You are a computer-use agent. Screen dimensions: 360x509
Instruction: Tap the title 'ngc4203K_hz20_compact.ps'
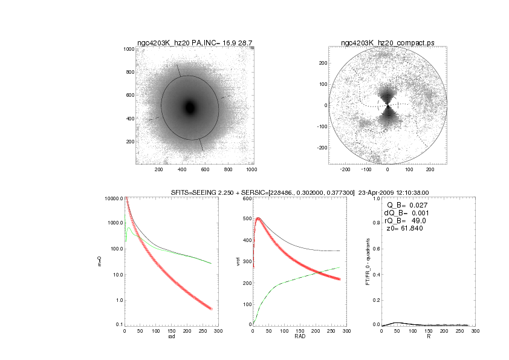pyautogui.click(x=387, y=43)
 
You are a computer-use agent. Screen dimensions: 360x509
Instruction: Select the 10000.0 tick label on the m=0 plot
pyautogui.click(x=113, y=199)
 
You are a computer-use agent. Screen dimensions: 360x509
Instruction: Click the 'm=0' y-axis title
pyautogui.click(x=100, y=262)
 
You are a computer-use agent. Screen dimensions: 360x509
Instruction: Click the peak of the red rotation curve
pyautogui.click(x=259, y=218)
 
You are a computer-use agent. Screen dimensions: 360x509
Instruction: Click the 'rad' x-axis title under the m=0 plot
pyautogui.click(x=170, y=337)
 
